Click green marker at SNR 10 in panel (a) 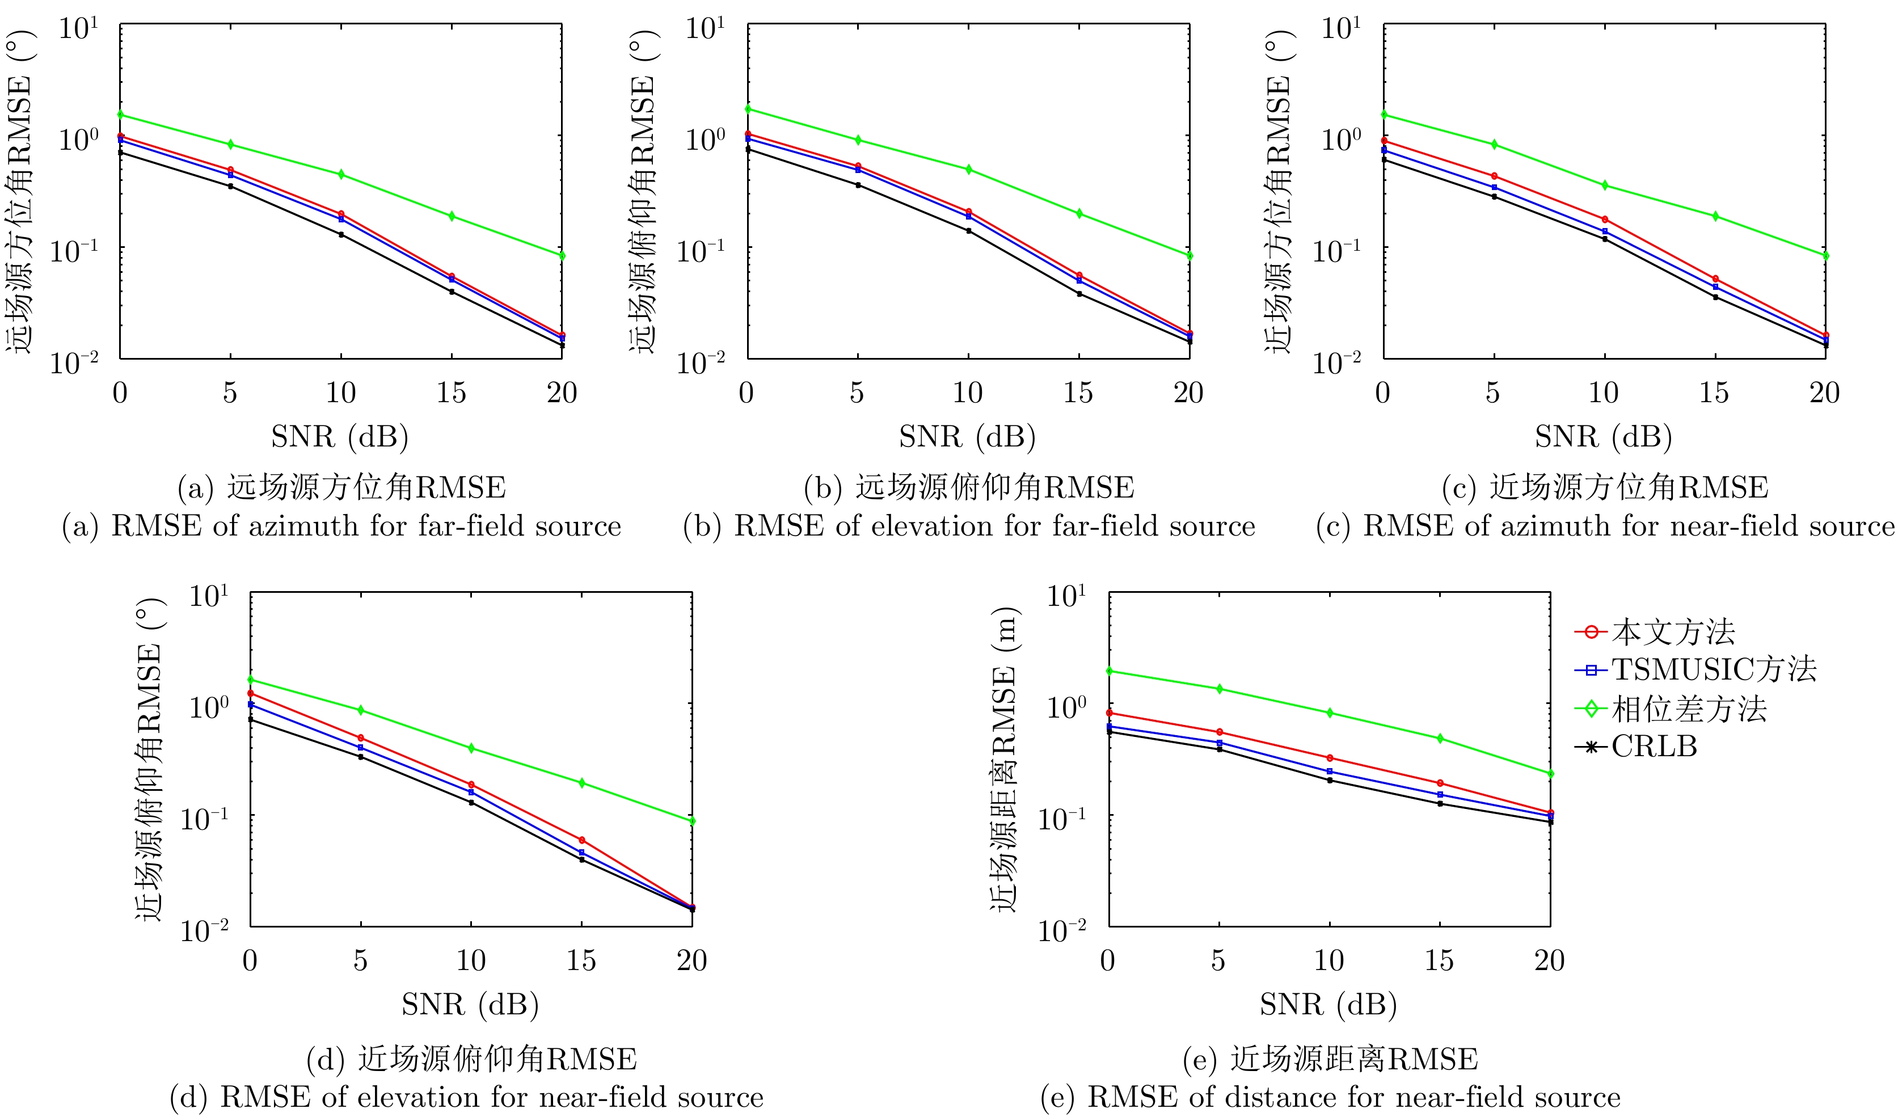pos(341,175)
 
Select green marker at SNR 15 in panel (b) pos(1079,214)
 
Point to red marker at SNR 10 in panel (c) pos(1605,219)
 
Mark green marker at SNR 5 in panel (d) pos(361,710)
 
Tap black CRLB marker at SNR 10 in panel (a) pos(341,235)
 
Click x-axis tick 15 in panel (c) pos(1714,393)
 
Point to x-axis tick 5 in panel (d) pos(361,961)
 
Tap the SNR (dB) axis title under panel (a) pos(340,437)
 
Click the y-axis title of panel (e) pos(1003,761)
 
